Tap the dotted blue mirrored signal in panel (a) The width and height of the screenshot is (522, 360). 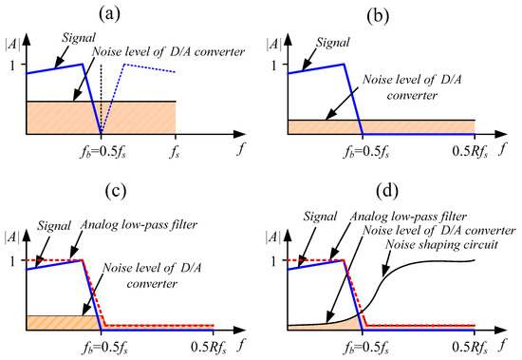142,66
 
